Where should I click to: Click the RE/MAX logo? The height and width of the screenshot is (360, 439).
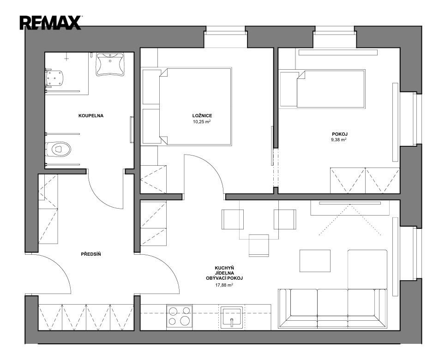coord(50,23)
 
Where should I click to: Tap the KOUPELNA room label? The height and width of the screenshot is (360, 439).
coord(91,115)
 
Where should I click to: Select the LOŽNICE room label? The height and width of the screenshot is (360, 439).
coord(202,115)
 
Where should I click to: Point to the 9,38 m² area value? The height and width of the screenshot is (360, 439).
coord(339,139)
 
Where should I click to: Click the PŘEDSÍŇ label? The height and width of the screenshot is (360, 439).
coord(91,254)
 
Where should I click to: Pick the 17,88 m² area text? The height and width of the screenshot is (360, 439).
coord(224,285)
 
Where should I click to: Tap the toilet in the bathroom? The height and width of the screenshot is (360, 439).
coord(58,149)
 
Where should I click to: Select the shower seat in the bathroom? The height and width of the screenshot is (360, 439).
coord(54,78)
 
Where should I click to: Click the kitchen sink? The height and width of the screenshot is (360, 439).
coord(231,317)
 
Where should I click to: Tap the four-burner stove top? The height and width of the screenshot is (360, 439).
coord(179,316)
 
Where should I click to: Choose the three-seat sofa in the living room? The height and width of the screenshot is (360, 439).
coord(332,308)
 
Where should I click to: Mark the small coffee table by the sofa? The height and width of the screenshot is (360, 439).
coord(315,261)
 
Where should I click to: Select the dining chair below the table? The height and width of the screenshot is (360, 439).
coord(259,246)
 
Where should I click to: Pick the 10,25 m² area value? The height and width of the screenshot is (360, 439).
coord(202,122)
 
